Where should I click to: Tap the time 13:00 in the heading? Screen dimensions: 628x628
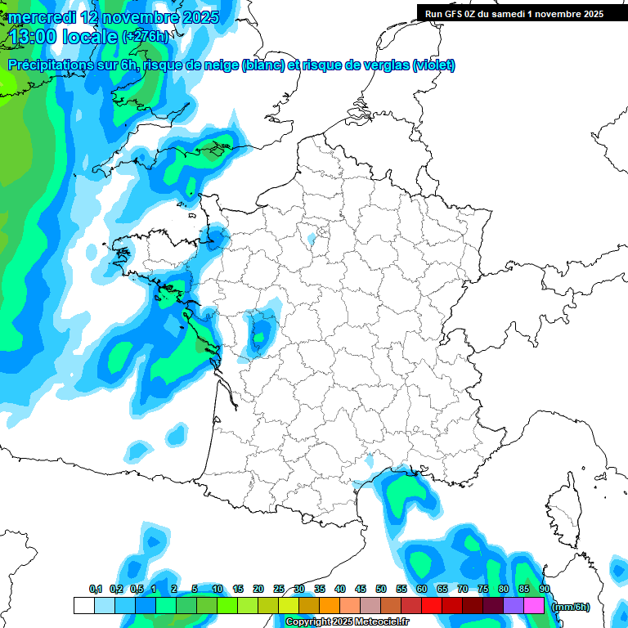36,37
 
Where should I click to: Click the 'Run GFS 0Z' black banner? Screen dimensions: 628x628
514,13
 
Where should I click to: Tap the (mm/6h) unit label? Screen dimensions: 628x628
571,607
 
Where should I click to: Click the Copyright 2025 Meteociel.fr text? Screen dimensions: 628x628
347,622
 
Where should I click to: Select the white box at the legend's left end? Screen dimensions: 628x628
83,605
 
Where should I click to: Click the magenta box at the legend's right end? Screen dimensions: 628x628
534,605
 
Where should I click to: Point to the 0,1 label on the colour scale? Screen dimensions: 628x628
95,590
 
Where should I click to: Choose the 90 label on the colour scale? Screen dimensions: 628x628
545,590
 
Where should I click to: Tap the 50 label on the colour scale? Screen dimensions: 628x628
381,590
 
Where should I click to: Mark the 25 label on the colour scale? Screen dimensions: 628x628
279,590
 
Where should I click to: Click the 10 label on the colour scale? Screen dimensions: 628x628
218,590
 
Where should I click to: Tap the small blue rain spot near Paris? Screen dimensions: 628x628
311,239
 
